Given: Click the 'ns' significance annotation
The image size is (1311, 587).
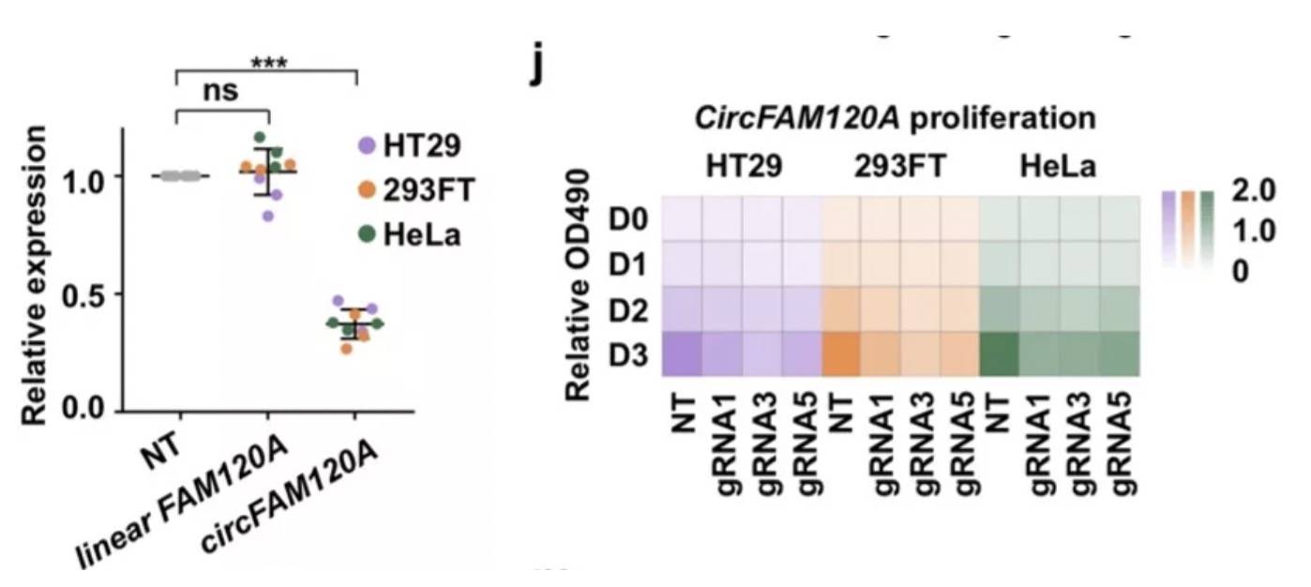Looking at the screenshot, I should click(x=221, y=91).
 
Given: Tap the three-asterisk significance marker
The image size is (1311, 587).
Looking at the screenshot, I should click(x=268, y=64).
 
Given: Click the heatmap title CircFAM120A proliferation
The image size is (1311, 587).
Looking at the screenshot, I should click(x=895, y=119).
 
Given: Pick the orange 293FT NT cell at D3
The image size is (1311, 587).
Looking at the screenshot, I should click(x=841, y=354).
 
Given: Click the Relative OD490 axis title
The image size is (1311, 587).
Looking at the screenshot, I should click(x=580, y=284).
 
